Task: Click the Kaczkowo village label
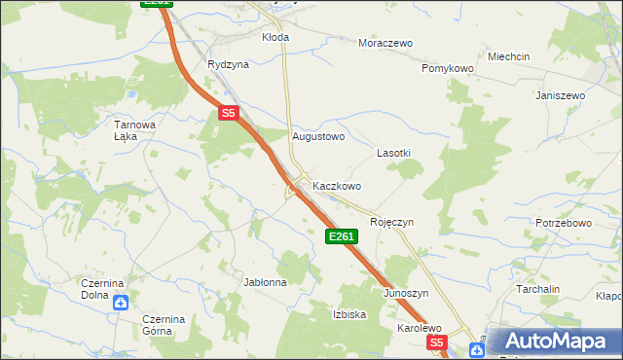coord(337,186)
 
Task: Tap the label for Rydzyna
coord(228,64)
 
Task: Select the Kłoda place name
coord(275,37)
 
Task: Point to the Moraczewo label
coord(385,44)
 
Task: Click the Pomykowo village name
coord(447,69)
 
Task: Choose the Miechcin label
coord(509,56)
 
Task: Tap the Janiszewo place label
coord(560,95)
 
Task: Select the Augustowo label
coord(319,137)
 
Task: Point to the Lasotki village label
coord(393,154)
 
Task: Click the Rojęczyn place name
coord(391,222)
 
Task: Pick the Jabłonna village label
coord(265,282)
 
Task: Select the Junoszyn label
coord(406,293)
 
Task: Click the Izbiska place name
coord(349,314)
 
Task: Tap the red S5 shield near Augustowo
coord(228,113)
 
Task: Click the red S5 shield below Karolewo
coord(436,342)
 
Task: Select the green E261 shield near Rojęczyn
coord(342,236)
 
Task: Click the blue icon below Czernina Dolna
coord(120,303)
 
